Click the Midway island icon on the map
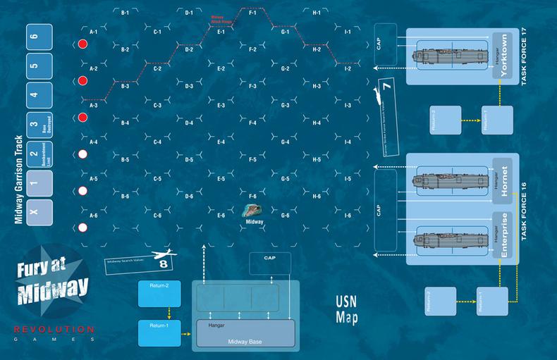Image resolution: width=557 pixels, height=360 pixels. pos(253,211)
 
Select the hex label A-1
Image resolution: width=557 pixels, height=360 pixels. pos(93,32)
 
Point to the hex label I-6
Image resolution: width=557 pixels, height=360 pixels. pos(348,214)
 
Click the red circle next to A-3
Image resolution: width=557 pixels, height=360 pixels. pos(82,117)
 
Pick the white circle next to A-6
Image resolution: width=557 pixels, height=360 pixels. pos(82,227)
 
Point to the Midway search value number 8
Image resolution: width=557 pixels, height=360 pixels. pos(163,264)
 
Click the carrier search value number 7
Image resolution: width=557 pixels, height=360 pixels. pos(386,89)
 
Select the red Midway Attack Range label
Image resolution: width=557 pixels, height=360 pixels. pos(221,18)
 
